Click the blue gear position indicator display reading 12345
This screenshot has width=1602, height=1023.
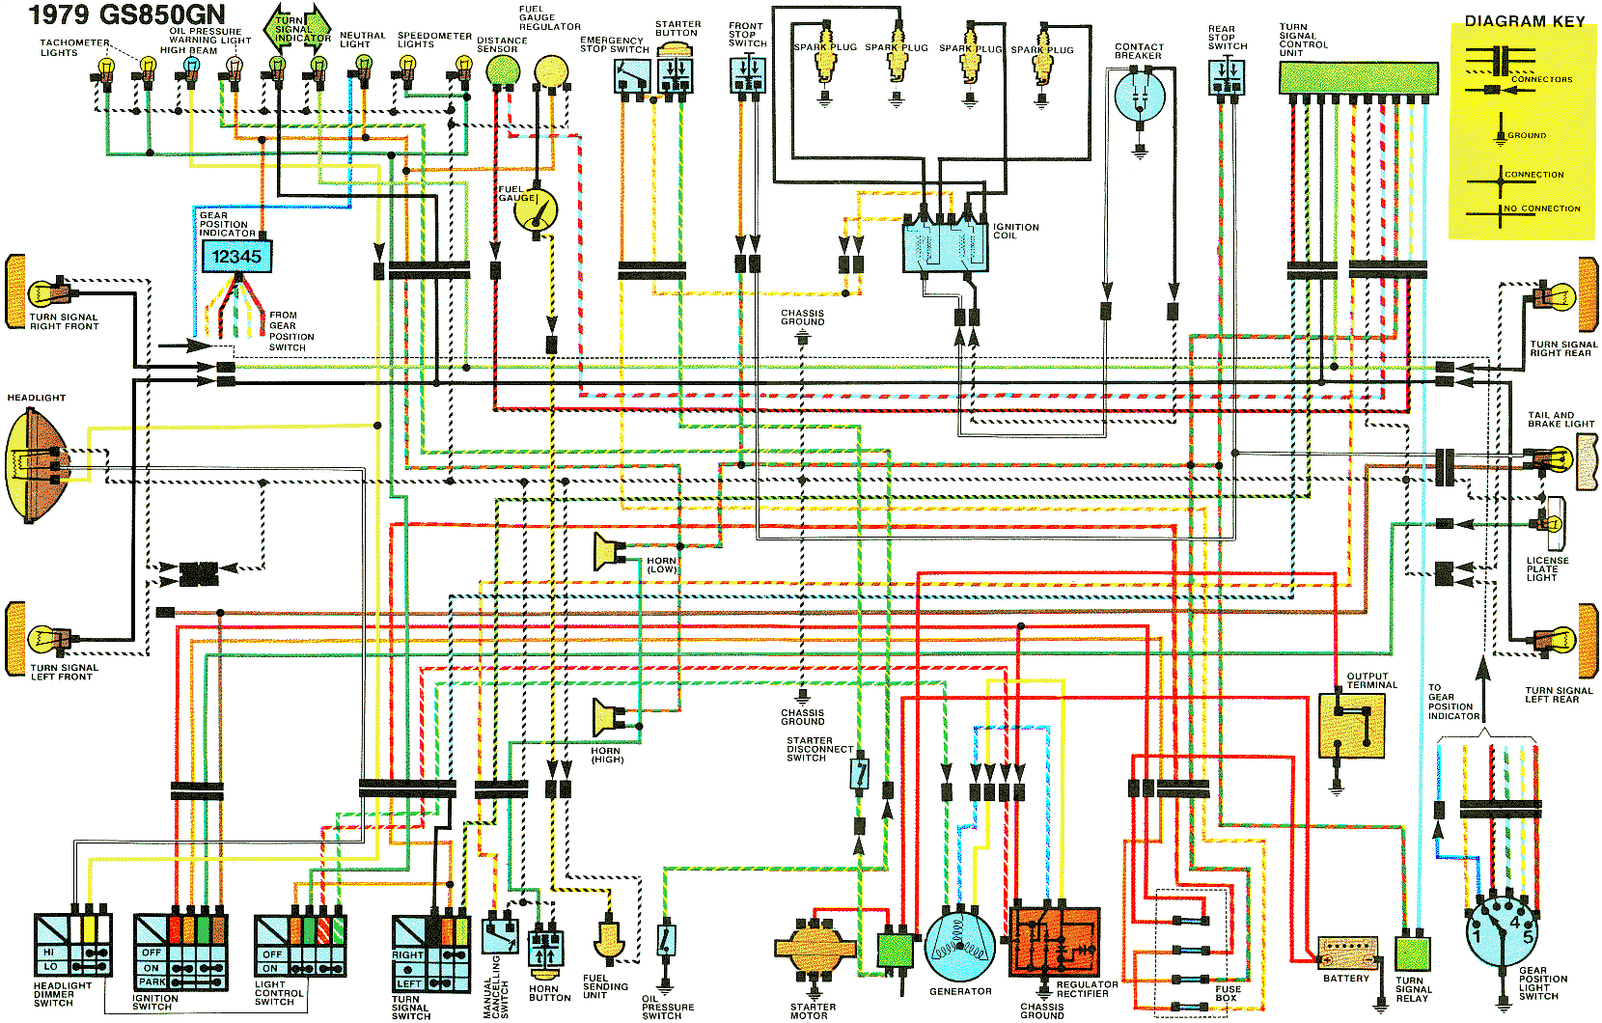pyautogui.click(x=236, y=256)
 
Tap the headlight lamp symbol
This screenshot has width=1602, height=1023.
pyautogui.click(x=36, y=465)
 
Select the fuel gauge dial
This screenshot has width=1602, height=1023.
pyautogui.click(x=536, y=211)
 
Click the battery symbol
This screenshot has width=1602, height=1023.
pyautogui.click(x=1347, y=953)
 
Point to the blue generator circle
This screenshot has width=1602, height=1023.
pyautogui.click(x=960, y=947)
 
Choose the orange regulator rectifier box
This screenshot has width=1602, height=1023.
pyautogui.click(x=1054, y=942)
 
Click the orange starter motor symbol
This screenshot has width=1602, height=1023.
pyautogui.click(x=815, y=947)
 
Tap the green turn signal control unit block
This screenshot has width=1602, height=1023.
pyautogui.click(x=1358, y=78)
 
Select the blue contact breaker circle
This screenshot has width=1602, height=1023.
pyautogui.click(x=1140, y=97)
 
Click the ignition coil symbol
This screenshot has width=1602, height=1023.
pyautogui.click(x=946, y=239)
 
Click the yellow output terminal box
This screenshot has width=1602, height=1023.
pyautogui.click(x=1352, y=726)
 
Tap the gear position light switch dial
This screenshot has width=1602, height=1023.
pyautogui.click(x=1502, y=930)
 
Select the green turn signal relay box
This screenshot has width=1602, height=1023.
pyautogui.click(x=1413, y=954)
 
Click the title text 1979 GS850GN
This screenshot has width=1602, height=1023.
pyautogui.click(x=126, y=14)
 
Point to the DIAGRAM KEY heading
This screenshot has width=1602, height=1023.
pyautogui.click(x=1525, y=21)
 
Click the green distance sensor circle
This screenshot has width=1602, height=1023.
pyautogui.click(x=503, y=70)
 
